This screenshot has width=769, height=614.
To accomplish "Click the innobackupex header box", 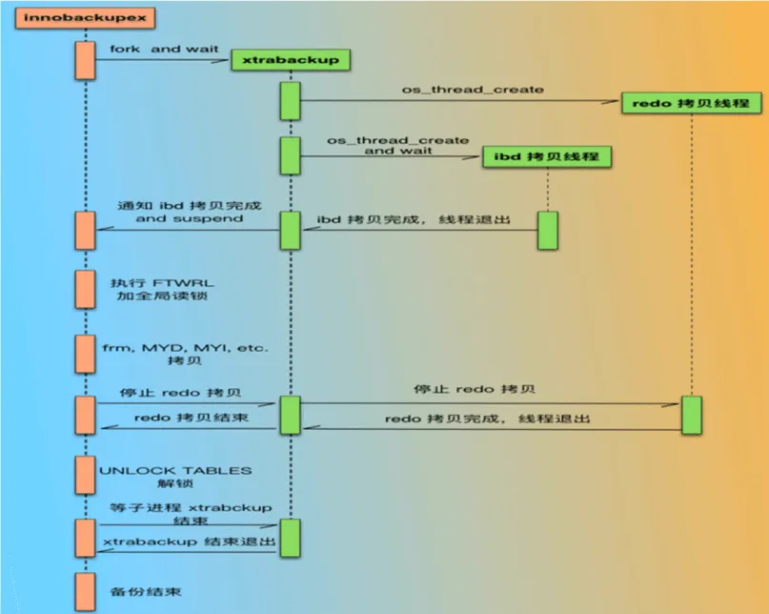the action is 86,18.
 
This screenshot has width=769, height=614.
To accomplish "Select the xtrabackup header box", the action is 291,60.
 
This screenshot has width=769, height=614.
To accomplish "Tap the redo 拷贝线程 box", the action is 692,103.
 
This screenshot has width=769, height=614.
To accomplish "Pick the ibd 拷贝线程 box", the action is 547,156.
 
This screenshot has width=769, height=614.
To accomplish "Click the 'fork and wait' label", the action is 164,49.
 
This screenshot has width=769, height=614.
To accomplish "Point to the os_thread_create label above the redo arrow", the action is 473,90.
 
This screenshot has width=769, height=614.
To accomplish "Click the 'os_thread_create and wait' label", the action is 397,145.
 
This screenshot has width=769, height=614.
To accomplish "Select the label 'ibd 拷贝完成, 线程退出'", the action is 414,219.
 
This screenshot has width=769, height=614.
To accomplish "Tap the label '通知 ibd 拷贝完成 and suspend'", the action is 190,212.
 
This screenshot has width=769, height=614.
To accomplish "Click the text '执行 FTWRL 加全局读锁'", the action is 162,289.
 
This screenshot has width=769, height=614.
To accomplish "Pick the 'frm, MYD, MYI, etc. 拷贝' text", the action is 186,354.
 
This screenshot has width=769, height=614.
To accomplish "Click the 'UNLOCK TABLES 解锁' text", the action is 175,477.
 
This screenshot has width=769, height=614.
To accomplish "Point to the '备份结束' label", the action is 146,591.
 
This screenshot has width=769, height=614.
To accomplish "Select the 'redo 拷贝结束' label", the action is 192,418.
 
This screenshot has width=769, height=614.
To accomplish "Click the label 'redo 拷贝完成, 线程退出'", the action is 488,419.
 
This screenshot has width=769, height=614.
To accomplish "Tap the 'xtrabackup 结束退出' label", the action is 190,542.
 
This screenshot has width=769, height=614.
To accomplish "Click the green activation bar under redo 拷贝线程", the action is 692,416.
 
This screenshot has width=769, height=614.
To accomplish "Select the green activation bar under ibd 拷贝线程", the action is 547,230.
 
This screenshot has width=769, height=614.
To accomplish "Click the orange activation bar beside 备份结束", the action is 86,592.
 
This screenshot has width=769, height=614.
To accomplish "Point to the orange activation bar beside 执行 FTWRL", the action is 86,289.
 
